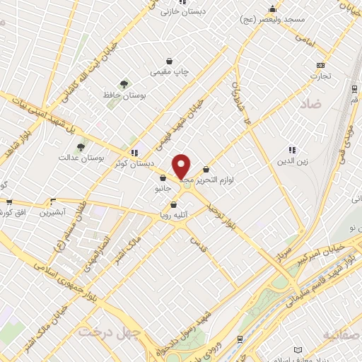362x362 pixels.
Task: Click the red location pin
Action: [x=182, y=167]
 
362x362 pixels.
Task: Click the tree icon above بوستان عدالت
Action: [x=81, y=148]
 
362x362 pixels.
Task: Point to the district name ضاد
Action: [x=310, y=103]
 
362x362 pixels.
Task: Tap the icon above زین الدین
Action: [x=292, y=149]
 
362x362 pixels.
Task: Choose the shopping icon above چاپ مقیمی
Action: [x=168, y=61]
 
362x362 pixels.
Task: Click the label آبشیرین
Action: [x=52, y=211]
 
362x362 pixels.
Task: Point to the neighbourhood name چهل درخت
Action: [x=110, y=332]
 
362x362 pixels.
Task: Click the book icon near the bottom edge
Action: [x=298, y=351]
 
